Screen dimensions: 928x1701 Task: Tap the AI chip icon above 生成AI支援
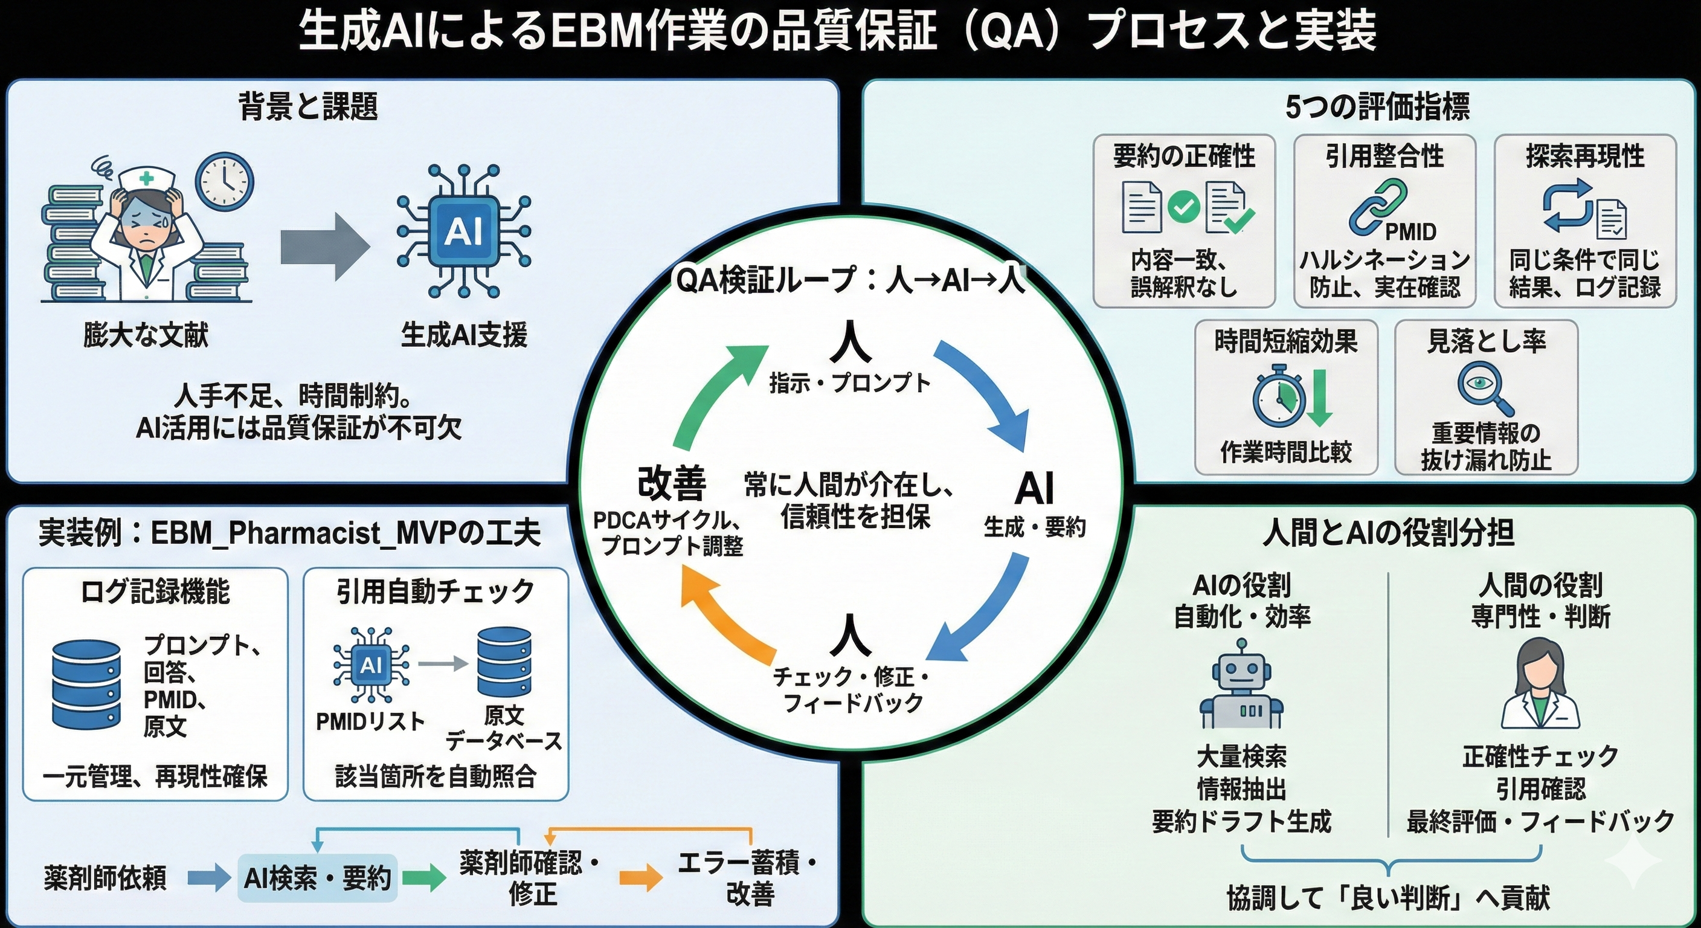(463, 231)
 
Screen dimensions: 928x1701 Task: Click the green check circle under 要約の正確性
(1183, 207)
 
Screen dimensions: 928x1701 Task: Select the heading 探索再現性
(1585, 156)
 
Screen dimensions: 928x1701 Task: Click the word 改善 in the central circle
(672, 483)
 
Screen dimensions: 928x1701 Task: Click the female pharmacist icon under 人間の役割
(1540, 684)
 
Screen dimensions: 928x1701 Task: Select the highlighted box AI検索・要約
(318, 878)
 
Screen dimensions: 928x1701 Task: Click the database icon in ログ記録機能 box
(86, 685)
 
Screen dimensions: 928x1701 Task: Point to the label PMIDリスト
(370, 722)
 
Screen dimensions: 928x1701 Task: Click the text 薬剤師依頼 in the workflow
(105, 878)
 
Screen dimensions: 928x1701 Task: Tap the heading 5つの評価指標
(1377, 107)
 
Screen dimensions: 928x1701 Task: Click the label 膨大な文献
(146, 335)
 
